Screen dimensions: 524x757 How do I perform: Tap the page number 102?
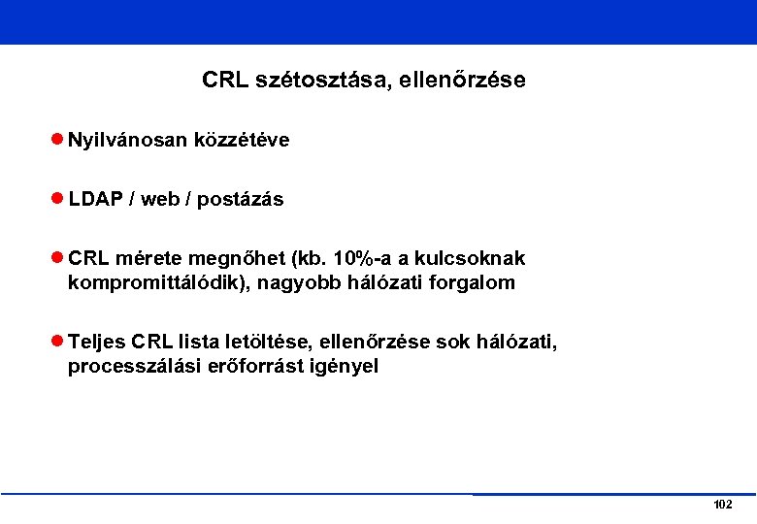pos(722,505)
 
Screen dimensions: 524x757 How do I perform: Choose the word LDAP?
pos(95,200)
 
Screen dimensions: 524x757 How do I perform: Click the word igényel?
pos(342,367)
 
